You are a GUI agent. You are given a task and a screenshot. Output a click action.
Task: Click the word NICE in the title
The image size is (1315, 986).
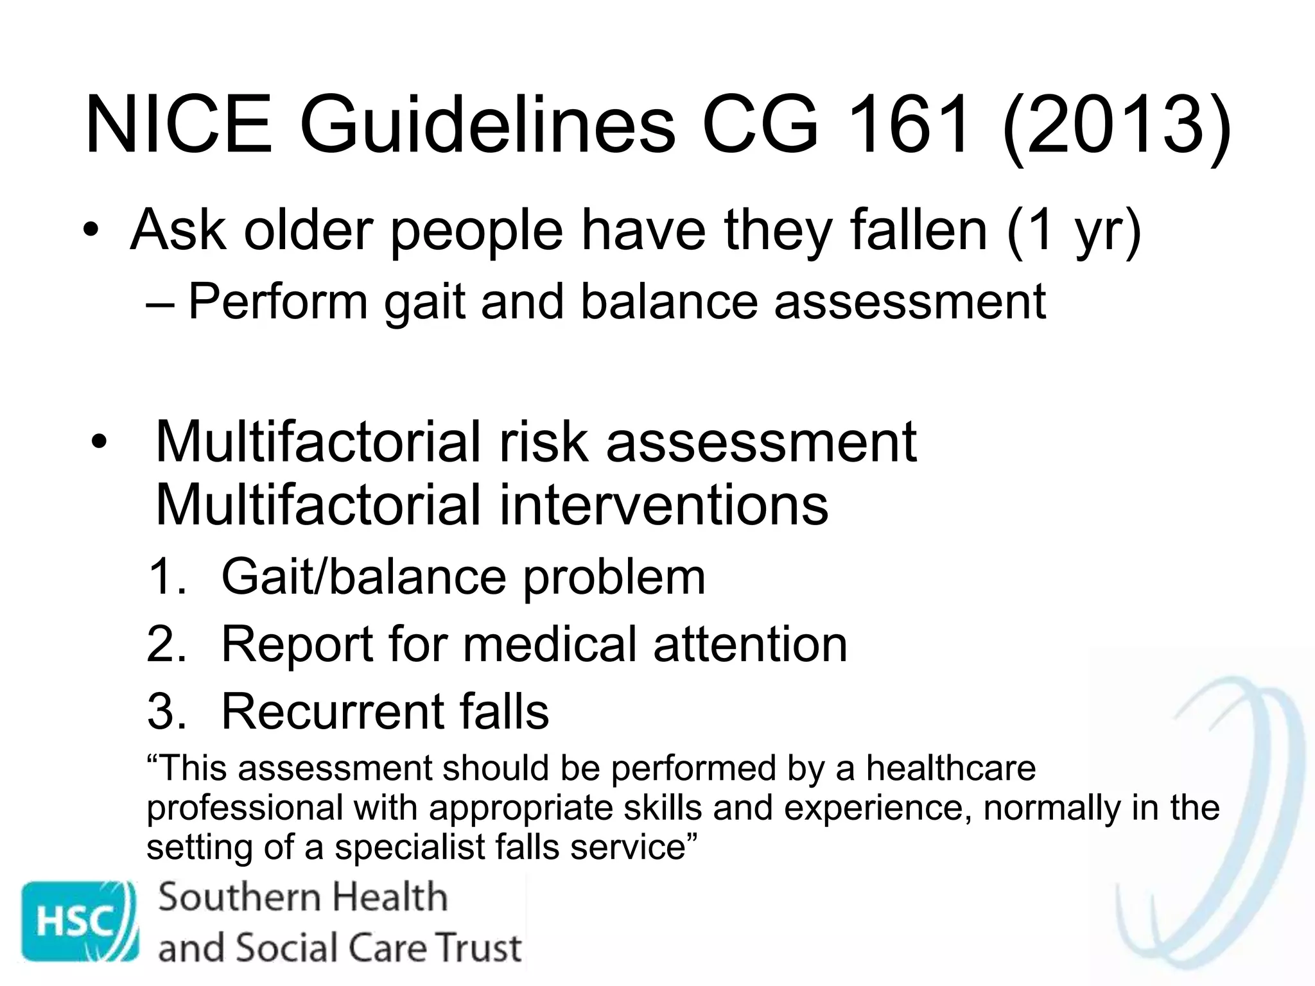[179, 125]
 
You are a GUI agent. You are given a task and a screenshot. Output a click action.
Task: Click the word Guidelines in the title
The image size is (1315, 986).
[487, 125]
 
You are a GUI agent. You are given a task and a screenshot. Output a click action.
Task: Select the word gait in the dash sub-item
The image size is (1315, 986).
[424, 302]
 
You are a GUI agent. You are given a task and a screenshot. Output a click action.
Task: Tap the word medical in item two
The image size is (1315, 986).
[550, 644]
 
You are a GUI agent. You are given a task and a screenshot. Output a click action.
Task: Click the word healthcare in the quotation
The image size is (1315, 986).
[951, 768]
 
